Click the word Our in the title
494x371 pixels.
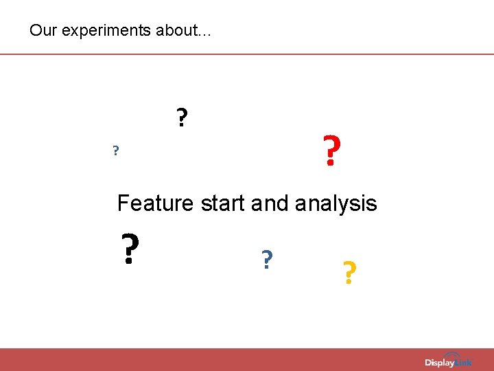coord(40,31)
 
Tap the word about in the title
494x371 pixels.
coord(171,31)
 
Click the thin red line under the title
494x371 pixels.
coord(247,54)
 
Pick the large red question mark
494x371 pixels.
coord(331,151)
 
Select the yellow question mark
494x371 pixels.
coord(349,273)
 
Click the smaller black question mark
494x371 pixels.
coord(181,117)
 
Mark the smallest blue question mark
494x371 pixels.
coord(116,150)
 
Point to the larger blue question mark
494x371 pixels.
coord(267,259)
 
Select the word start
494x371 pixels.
coord(224,203)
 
